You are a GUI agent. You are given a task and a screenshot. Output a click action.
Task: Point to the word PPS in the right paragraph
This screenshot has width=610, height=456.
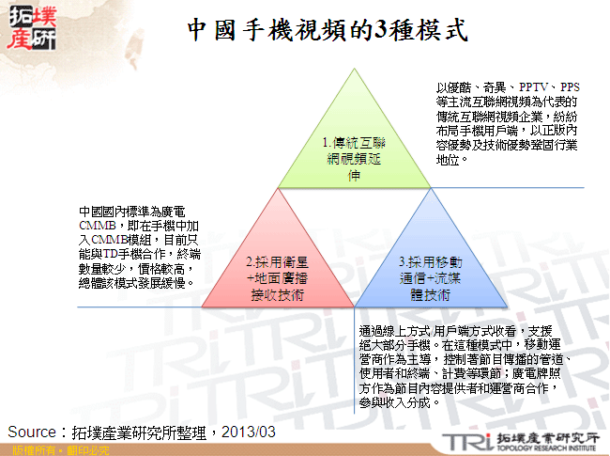570,86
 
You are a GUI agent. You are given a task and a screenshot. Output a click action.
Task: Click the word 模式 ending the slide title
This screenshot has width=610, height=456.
442,29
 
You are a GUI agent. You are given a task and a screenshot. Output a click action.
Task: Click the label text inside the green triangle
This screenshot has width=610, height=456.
354,159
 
